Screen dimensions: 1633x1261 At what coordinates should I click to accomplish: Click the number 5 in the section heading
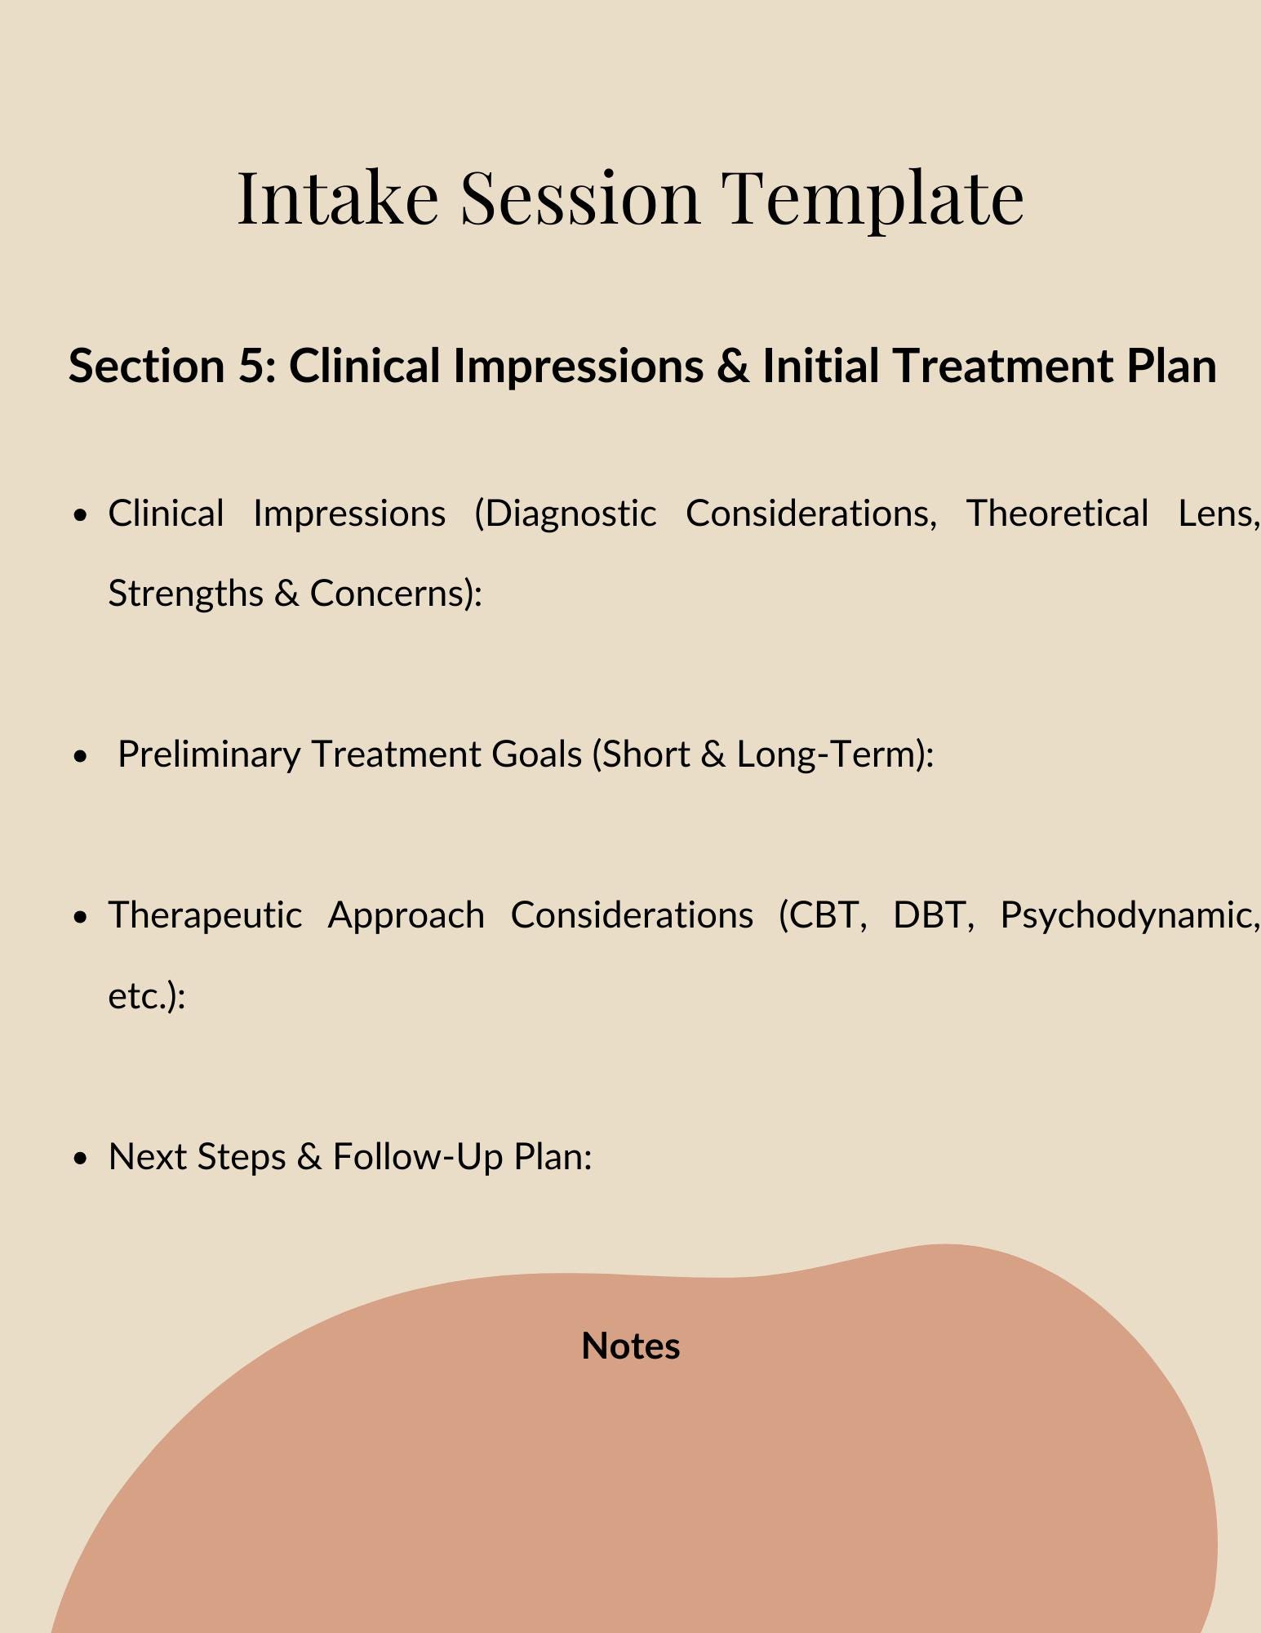point(249,366)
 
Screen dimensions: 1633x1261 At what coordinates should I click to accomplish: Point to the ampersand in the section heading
point(733,366)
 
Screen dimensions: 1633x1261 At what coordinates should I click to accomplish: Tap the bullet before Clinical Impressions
point(79,515)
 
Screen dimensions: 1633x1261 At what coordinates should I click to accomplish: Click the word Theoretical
point(1057,514)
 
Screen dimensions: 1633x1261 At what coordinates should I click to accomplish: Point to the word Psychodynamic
point(1130,915)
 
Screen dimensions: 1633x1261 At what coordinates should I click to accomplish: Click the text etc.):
point(147,995)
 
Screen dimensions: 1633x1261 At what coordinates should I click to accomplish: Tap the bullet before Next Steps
point(79,1159)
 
